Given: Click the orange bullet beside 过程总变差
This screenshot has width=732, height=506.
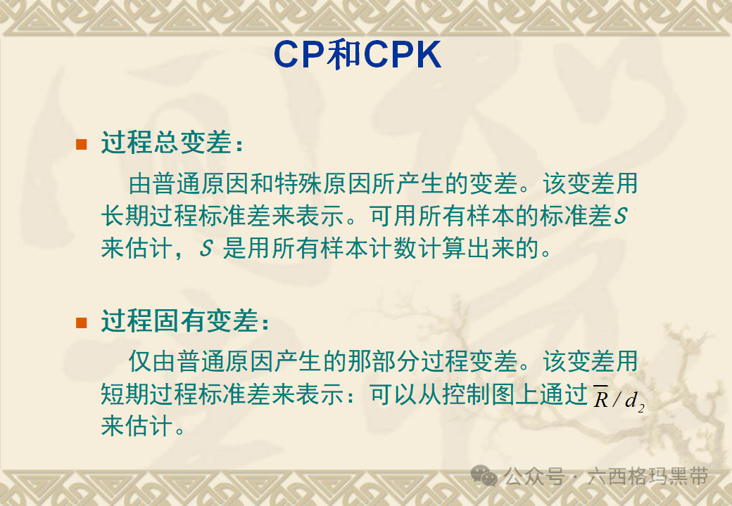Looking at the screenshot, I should pos(82,145).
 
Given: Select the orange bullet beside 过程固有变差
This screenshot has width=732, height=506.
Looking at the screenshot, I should pos(82,323).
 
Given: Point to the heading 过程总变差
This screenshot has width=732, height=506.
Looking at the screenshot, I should pos(165,144).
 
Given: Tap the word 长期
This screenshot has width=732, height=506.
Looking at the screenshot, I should pos(127,216).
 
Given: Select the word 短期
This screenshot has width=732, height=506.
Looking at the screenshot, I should pos(127,396).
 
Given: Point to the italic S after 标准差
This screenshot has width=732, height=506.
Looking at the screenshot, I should pos(620,217).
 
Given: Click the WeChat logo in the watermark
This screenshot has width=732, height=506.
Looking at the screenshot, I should pos(484,476).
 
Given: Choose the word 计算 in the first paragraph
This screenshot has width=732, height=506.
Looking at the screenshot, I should pos(465,249).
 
